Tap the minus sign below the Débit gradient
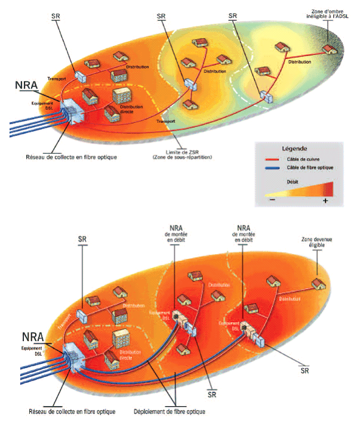click(x=272, y=201)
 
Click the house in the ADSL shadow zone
click(x=328, y=48)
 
